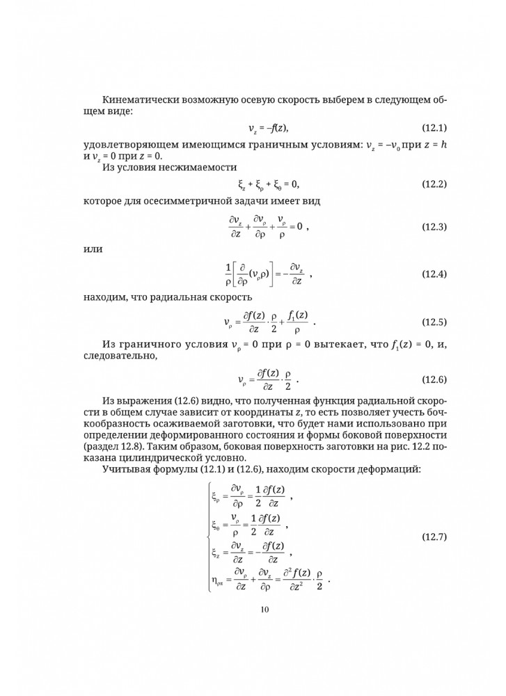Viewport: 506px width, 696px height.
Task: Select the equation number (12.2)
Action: (434, 184)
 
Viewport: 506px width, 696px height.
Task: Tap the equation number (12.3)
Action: (434, 228)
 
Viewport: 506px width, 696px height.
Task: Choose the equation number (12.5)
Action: (434, 323)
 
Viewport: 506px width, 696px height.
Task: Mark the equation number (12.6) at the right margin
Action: (434, 379)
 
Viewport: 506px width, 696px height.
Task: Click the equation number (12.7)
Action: (434, 537)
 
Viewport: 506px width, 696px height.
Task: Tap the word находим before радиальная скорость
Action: (105, 297)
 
